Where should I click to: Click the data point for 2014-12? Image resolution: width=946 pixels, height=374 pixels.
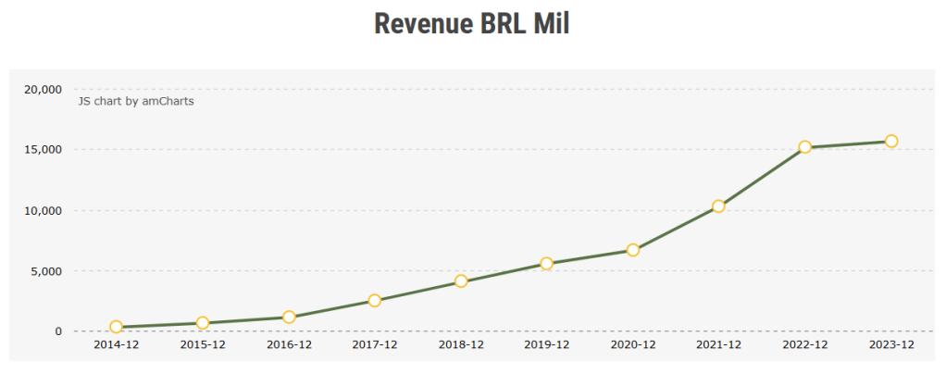tap(116, 327)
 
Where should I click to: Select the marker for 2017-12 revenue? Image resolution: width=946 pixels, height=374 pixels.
tap(375, 300)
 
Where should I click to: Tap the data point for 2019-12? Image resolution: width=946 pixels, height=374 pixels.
tap(547, 263)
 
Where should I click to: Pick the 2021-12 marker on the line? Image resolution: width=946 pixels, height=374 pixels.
tap(718, 206)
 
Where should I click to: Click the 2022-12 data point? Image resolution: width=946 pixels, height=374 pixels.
tap(805, 146)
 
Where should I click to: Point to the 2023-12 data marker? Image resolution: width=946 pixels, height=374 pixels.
tap(891, 141)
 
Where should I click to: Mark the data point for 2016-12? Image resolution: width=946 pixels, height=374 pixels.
tap(289, 317)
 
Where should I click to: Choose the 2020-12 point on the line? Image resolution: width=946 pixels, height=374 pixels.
tap(633, 250)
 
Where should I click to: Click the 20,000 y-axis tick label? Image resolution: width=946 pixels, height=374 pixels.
tap(43, 89)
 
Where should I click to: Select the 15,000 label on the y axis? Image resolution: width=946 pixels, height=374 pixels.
tap(43, 149)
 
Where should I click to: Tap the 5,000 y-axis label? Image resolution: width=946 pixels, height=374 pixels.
tap(45, 271)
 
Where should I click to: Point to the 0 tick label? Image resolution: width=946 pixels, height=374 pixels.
tap(58, 331)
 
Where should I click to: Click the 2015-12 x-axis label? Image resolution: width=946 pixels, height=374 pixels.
tap(203, 345)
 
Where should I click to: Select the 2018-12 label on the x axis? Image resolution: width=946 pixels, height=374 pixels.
tap(461, 345)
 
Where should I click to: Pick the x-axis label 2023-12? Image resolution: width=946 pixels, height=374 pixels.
tap(891, 345)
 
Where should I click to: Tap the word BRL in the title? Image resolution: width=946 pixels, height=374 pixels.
tap(504, 25)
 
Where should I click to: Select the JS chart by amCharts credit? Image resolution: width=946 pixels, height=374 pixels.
tap(136, 101)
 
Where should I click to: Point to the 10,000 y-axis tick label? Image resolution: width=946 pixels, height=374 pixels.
tap(43, 210)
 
